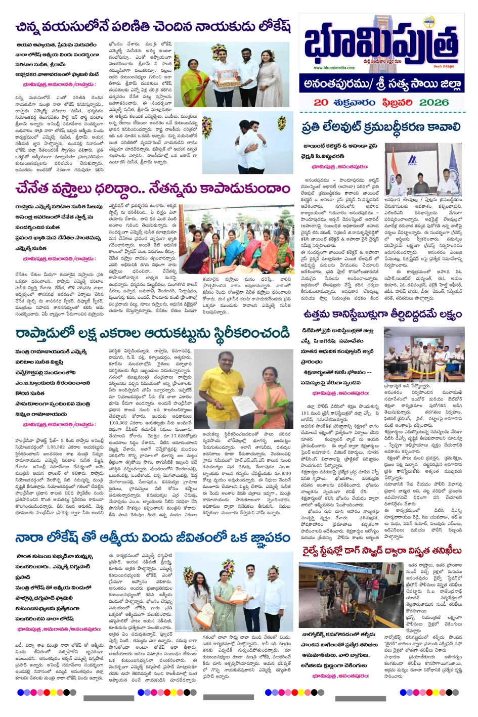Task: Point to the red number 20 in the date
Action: tap(321, 102)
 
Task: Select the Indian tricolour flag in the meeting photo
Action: tap(393, 167)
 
